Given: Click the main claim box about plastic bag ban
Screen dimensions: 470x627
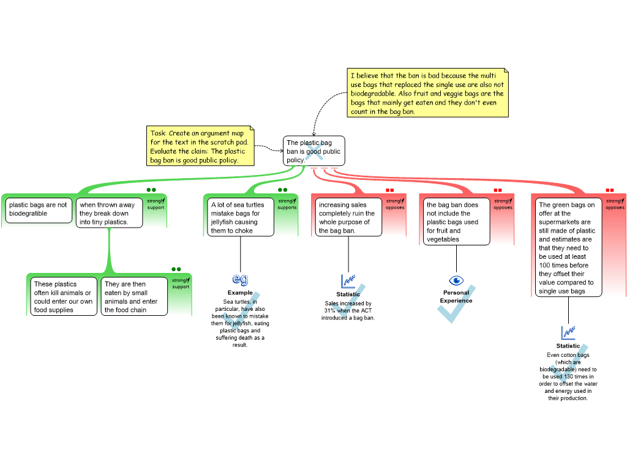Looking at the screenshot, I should (x=313, y=151).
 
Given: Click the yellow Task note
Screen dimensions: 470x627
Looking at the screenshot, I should (x=201, y=146).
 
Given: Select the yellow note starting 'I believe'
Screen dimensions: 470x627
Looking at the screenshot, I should (x=427, y=93).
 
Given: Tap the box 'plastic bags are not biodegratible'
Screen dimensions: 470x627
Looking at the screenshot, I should (x=39, y=210).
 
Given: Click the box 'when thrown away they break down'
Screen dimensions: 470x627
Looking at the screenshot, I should (x=109, y=213).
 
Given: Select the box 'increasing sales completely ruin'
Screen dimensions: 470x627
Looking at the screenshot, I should (x=348, y=217).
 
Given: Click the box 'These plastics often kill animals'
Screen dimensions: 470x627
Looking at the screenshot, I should (x=63, y=297).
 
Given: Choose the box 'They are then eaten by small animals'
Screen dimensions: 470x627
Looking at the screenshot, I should (x=133, y=297).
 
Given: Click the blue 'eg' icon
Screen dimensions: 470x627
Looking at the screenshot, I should (x=241, y=279).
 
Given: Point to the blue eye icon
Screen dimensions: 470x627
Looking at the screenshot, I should (x=456, y=280).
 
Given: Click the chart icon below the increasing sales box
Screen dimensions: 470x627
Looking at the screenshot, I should (x=348, y=282).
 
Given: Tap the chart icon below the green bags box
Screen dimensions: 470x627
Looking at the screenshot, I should (x=569, y=332).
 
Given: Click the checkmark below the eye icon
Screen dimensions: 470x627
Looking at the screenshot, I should (x=454, y=306).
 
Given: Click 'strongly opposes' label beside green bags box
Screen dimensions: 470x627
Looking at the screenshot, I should (x=615, y=204).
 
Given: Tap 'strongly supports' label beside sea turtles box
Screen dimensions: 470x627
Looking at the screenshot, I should (x=287, y=204).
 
